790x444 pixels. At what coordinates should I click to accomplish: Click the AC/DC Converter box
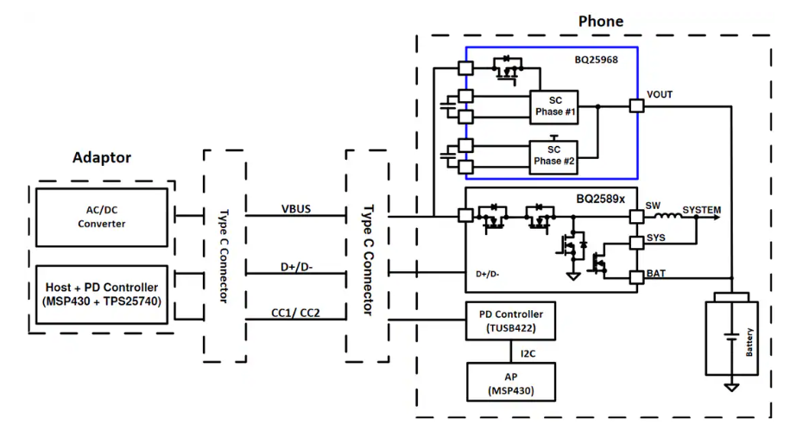pyautogui.click(x=101, y=216)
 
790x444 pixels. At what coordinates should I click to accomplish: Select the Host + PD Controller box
pyautogui.click(x=101, y=295)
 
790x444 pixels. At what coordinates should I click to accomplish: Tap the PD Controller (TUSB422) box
pyautogui.click(x=511, y=320)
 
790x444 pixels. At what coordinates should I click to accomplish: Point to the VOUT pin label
pyautogui.click(x=659, y=94)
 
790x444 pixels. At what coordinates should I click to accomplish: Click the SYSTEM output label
pyautogui.click(x=701, y=210)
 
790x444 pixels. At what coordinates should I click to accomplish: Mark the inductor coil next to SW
pyautogui.click(x=667, y=217)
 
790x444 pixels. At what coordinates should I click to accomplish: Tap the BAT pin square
pyautogui.click(x=637, y=276)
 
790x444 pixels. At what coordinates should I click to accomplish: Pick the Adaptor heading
pyautogui.click(x=102, y=158)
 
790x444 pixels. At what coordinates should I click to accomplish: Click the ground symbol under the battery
pyautogui.click(x=731, y=386)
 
